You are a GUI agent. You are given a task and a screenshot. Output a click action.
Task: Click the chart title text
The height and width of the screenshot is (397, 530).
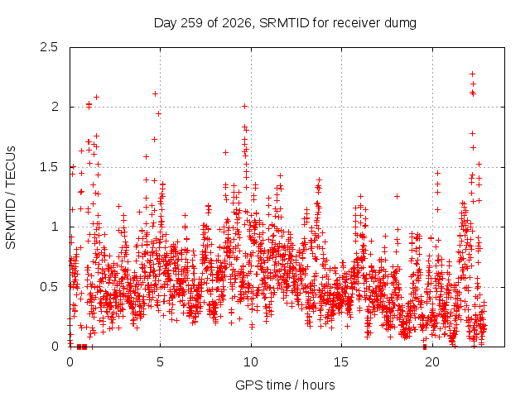pos(285,23)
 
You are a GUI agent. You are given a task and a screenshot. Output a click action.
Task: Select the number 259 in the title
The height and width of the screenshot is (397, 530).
pos(191,23)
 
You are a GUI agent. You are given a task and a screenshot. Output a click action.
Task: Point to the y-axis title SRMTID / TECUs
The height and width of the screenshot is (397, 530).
pos(11,198)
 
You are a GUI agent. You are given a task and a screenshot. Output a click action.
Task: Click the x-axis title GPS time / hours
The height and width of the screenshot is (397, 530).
pos(285,385)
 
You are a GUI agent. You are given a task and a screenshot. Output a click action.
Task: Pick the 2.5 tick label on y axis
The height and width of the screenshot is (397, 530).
pos(49,47)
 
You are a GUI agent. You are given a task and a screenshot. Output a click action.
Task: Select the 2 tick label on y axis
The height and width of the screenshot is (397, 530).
pos(55,107)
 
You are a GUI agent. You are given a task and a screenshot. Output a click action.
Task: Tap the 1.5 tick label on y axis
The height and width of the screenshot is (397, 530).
pos(49,167)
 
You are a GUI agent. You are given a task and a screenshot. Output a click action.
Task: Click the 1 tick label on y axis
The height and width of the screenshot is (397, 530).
pos(55,227)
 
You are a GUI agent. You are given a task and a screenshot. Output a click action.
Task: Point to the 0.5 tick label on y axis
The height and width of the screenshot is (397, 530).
pos(49,287)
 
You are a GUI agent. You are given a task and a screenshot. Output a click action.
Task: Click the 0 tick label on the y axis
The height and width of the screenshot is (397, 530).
pos(55,347)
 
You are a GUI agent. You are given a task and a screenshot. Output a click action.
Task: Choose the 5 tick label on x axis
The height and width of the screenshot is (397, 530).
pos(160,362)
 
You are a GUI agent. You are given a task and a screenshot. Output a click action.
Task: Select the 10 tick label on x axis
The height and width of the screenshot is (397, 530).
pos(251,362)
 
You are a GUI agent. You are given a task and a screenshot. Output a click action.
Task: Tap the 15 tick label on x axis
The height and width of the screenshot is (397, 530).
pos(341,362)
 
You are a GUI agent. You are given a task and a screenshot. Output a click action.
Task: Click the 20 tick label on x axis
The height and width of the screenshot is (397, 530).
pos(432,362)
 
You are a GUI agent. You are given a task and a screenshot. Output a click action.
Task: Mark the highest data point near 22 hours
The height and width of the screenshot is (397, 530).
pos(473,74)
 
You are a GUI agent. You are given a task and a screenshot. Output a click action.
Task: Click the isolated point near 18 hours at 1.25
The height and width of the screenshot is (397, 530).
pos(397,196)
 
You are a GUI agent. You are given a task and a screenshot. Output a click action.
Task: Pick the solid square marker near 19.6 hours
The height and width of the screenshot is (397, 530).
pos(425,347)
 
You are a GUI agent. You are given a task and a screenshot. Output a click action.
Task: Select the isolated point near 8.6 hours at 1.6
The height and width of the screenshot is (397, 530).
pos(225,152)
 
